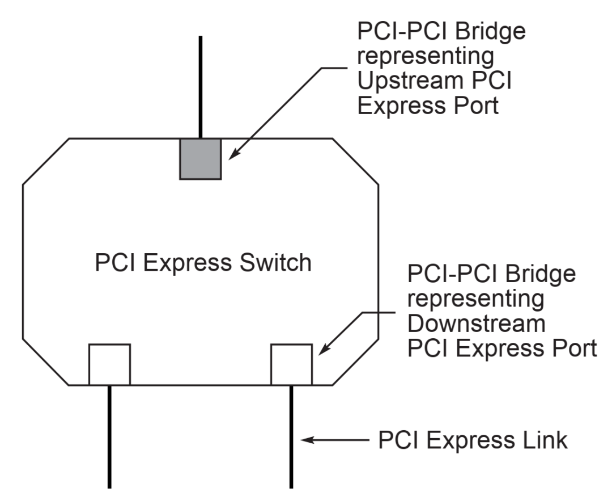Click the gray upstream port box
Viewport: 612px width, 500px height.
click(200, 158)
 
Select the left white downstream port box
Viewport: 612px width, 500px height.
click(109, 364)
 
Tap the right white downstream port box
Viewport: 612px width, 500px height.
click(291, 364)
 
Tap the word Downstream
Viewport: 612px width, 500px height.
click(476, 325)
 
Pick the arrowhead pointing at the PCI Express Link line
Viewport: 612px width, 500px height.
click(307, 440)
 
